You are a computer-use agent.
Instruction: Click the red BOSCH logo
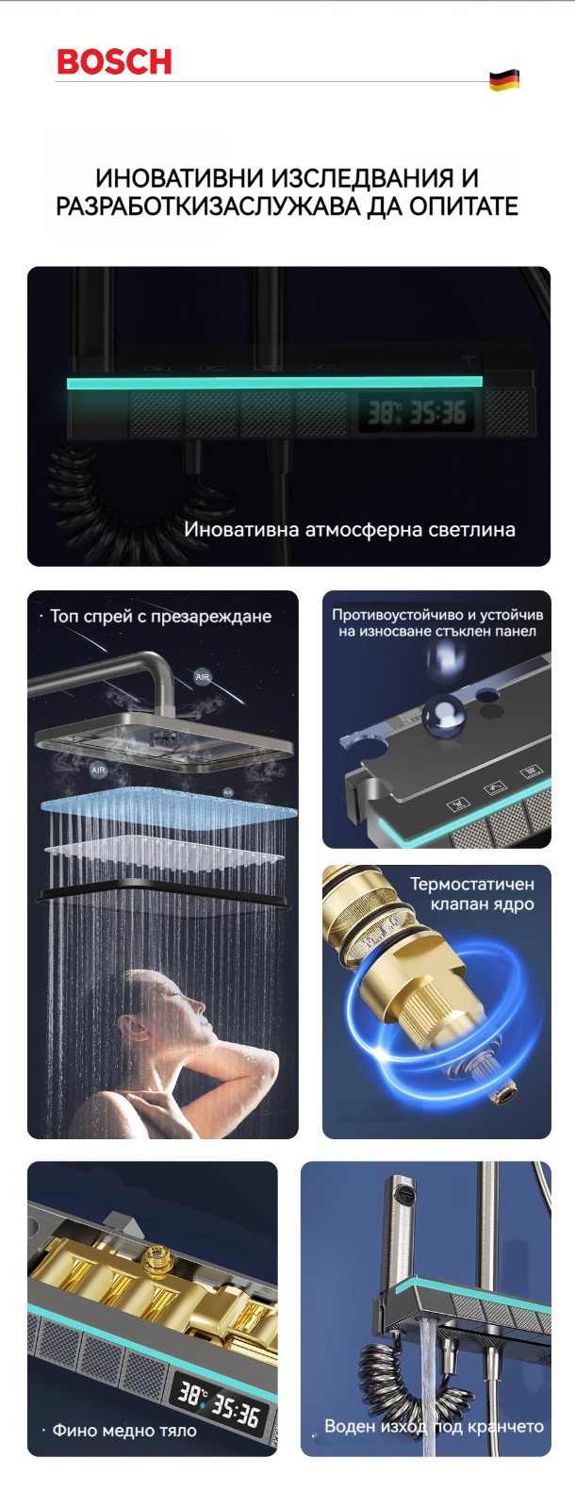pyautogui.click(x=114, y=61)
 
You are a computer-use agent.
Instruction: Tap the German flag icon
pyautogui.click(x=504, y=79)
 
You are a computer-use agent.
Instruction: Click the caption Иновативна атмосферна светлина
pyautogui.click(x=350, y=529)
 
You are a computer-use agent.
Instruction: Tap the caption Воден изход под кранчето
pyautogui.click(x=434, y=1426)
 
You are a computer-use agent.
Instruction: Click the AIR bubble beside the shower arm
pyautogui.click(x=203, y=677)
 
